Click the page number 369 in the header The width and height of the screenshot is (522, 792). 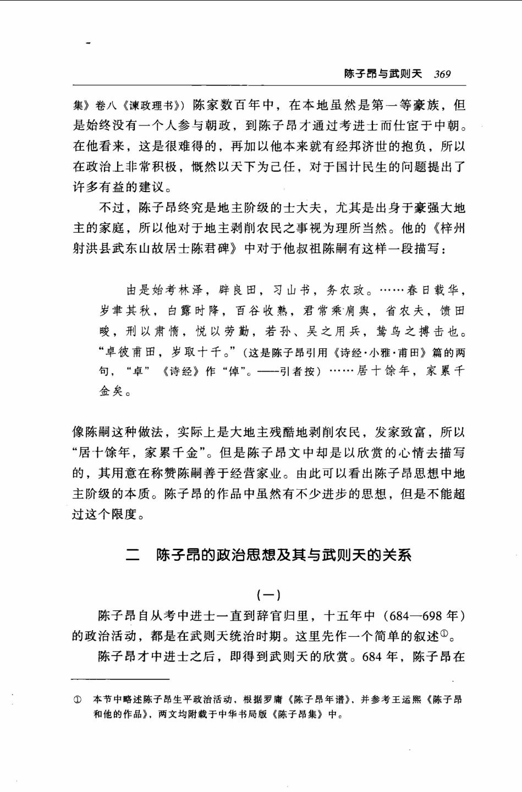[442, 74]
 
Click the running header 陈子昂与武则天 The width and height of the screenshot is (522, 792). [383, 74]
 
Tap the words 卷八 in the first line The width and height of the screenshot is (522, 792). [103, 106]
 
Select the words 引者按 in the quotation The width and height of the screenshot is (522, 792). [299, 372]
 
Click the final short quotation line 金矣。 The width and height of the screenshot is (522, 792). [115, 392]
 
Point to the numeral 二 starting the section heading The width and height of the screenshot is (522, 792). [133, 555]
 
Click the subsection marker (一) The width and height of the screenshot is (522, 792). [268, 594]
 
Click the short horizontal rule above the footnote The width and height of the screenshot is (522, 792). [120, 679]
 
